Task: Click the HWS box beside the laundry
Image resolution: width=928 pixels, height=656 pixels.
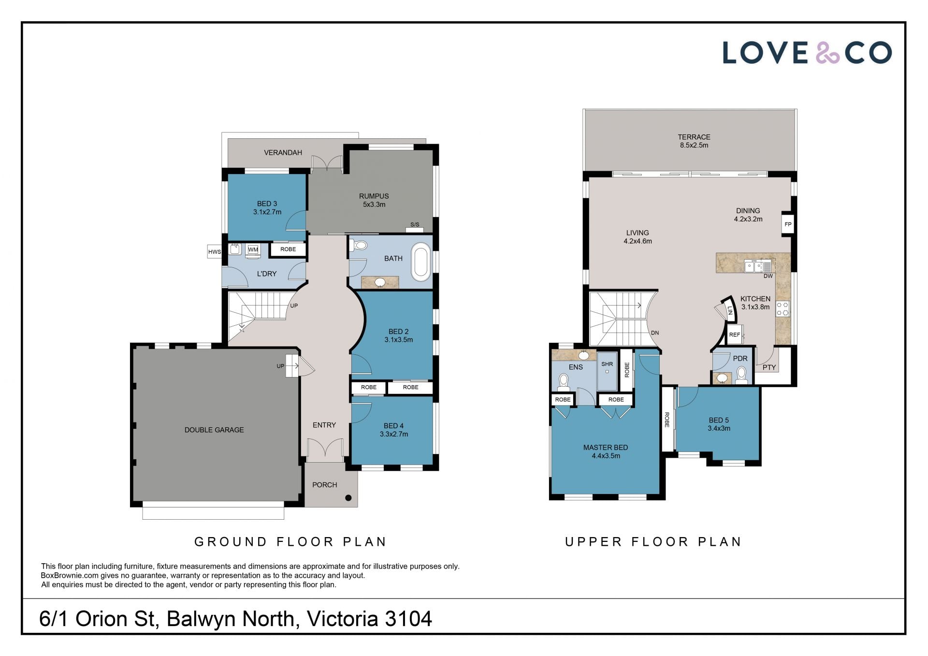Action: [215, 252]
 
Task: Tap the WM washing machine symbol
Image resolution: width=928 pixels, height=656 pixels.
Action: [253, 250]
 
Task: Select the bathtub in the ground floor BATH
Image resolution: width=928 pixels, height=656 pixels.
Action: [421, 262]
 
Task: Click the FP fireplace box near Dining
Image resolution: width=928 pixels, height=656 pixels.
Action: [788, 224]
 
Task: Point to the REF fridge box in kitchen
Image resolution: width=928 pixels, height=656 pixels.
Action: [735, 335]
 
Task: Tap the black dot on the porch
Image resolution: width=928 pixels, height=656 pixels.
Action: [348, 498]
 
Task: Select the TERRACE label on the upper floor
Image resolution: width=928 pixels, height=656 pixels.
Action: [694, 137]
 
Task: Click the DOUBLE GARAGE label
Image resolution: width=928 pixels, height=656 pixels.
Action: [214, 430]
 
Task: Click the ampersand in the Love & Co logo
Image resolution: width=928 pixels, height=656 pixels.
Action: [827, 53]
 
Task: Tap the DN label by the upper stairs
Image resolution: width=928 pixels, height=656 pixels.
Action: [655, 333]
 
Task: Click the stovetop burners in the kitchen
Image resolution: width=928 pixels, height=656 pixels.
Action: [783, 309]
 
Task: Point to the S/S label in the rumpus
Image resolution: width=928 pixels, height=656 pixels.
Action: [415, 225]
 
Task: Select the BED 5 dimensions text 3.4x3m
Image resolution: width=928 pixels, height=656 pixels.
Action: [719, 428]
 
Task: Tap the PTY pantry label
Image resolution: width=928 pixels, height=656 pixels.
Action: [769, 367]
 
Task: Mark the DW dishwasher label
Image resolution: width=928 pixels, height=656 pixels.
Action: [768, 276]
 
